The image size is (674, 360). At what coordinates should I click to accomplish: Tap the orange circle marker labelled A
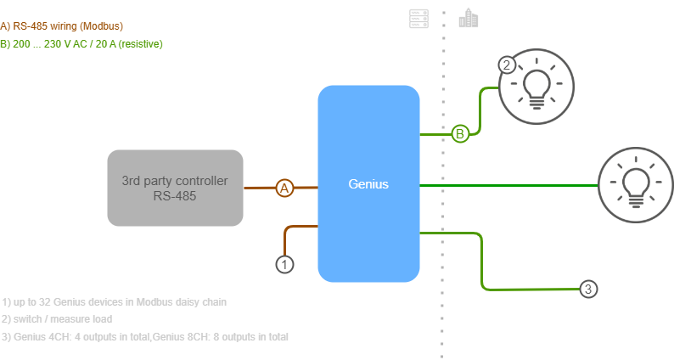tap(285, 188)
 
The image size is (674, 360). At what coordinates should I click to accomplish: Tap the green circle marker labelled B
tap(459, 133)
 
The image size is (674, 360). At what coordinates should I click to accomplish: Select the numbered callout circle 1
tap(285, 264)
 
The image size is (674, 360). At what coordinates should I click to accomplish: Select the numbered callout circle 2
tap(506, 65)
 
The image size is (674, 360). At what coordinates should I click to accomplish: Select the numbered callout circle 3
tap(589, 290)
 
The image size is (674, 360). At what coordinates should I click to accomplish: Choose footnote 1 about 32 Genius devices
tap(114, 301)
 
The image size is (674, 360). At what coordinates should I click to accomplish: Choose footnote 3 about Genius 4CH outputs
tap(145, 337)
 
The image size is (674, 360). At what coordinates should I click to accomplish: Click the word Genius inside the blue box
tap(368, 183)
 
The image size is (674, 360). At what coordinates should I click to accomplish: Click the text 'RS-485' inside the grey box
tap(176, 195)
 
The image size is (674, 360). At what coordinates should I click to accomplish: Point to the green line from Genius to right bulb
tap(509, 184)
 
